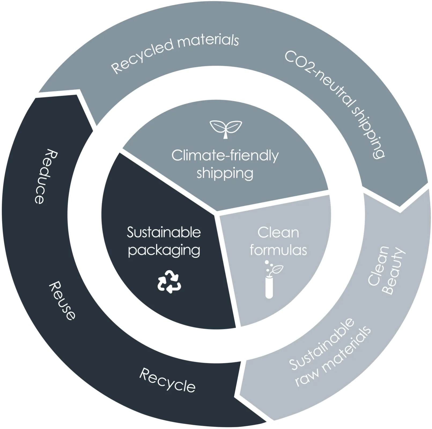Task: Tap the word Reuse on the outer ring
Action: coord(62,301)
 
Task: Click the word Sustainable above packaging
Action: coord(164,232)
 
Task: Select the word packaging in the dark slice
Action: coord(164,251)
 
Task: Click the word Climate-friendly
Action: coord(225,156)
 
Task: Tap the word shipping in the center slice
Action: coord(225,173)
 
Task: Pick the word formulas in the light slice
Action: coord(278,250)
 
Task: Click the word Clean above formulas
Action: coord(278,232)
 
